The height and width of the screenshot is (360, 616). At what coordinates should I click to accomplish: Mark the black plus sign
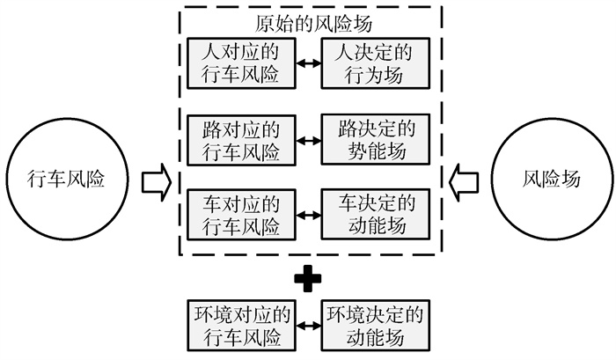tap(307, 279)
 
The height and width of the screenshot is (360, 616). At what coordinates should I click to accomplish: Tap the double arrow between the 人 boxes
tap(307, 63)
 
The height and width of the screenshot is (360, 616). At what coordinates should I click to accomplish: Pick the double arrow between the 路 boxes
tap(307, 139)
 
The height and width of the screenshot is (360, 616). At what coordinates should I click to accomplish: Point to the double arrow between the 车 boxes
tap(307, 215)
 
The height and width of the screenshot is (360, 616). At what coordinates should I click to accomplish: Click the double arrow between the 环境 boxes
tap(306, 325)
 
